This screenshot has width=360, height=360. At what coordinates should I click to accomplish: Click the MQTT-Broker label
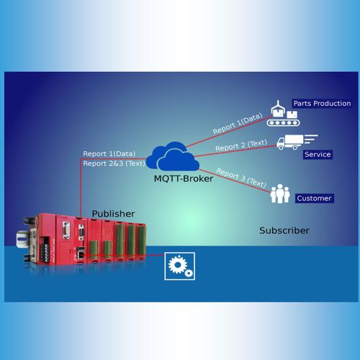coord(184,179)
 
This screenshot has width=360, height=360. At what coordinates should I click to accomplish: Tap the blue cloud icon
coord(173,156)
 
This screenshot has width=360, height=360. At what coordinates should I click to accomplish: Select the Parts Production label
coord(322,104)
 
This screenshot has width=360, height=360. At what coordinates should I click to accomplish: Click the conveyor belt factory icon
coord(283,114)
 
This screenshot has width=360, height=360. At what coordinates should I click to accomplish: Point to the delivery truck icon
coord(297,142)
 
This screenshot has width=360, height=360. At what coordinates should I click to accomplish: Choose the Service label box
coord(318,154)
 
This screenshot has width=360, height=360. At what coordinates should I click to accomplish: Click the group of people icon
coord(280,194)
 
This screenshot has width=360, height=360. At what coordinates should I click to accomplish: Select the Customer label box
coord(315,198)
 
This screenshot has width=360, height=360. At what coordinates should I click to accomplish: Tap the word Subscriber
coord(284,230)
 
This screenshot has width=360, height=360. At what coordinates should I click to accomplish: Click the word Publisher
coord(113,214)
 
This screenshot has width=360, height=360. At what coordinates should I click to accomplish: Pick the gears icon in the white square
coord(180,266)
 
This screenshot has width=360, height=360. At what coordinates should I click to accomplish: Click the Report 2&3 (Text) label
coord(114,163)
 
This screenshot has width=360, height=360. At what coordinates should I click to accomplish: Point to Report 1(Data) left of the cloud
coord(109,154)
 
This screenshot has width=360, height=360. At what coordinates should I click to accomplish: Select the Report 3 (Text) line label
coord(241,178)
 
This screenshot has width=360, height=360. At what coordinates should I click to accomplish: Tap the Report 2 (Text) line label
coord(241,145)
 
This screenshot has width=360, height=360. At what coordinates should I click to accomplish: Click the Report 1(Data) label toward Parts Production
coord(238,124)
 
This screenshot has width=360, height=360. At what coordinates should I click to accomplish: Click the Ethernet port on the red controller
coord(81,253)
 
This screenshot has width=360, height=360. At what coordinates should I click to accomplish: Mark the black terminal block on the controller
coord(45,250)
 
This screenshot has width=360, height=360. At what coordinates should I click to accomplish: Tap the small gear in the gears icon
coord(189,273)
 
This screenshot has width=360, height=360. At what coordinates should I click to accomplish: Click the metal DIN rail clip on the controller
coord(23,239)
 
